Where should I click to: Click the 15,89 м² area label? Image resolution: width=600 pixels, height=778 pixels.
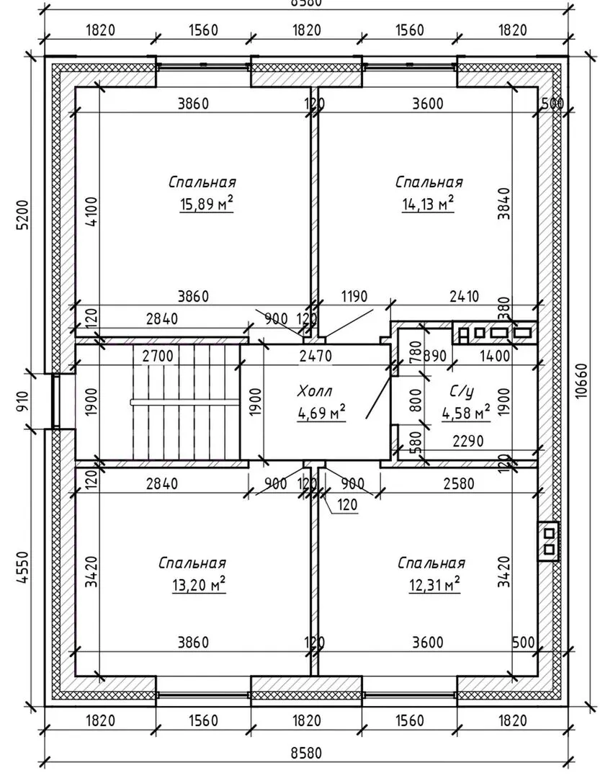pyautogui.click(x=207, y=205)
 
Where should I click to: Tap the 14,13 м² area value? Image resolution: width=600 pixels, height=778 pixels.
pyautogui.click(x=428, y=205)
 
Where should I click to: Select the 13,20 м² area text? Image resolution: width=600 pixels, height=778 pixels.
pyautogui.click(x=198, y=584)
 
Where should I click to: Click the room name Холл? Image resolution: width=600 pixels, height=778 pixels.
pyautogui.click(x=315, y=391)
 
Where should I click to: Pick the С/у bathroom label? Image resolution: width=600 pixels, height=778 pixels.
pyautogui.click(x=462, y=391)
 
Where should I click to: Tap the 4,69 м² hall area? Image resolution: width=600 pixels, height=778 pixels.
pyautogui.click(x=321, y=413)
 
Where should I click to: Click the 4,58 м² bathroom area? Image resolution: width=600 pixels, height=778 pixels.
pyautogui.click(x=466, y=413)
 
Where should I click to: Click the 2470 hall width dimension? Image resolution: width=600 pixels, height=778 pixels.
pyautogui.click(x=315, y=355)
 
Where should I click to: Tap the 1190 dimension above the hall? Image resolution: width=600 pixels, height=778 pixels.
pyautogui.click(x=353, y=295)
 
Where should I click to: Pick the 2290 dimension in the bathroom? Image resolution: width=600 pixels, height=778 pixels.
pyautogui.click(x=467, y=440)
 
